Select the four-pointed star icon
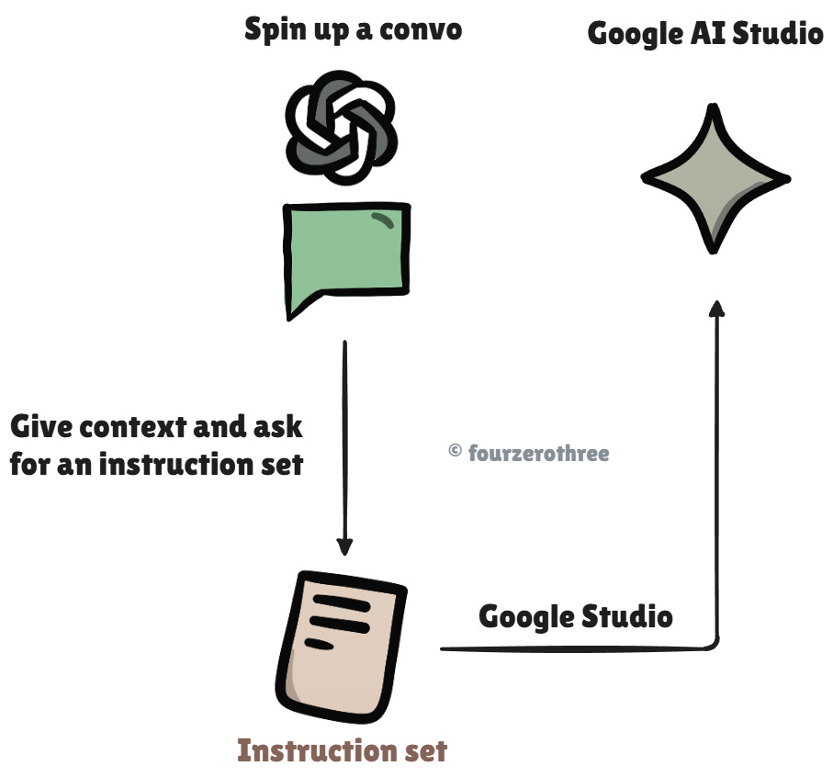pos(715,178)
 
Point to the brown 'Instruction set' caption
pos(342,750)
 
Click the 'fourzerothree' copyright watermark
pos(538,452)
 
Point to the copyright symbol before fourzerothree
pos(455,451)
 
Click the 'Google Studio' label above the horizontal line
pos(576,615)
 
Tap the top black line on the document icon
pos(339,604)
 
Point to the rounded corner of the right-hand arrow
pos(713,644)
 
